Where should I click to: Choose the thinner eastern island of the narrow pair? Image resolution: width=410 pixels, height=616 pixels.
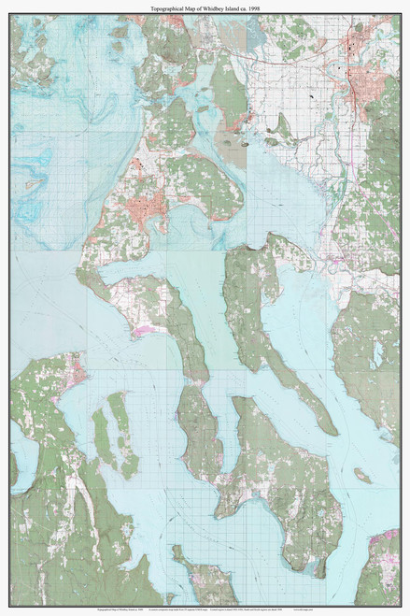[x=122, y=430]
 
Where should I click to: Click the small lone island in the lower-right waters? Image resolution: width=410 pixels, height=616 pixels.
[x=361, y=476]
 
